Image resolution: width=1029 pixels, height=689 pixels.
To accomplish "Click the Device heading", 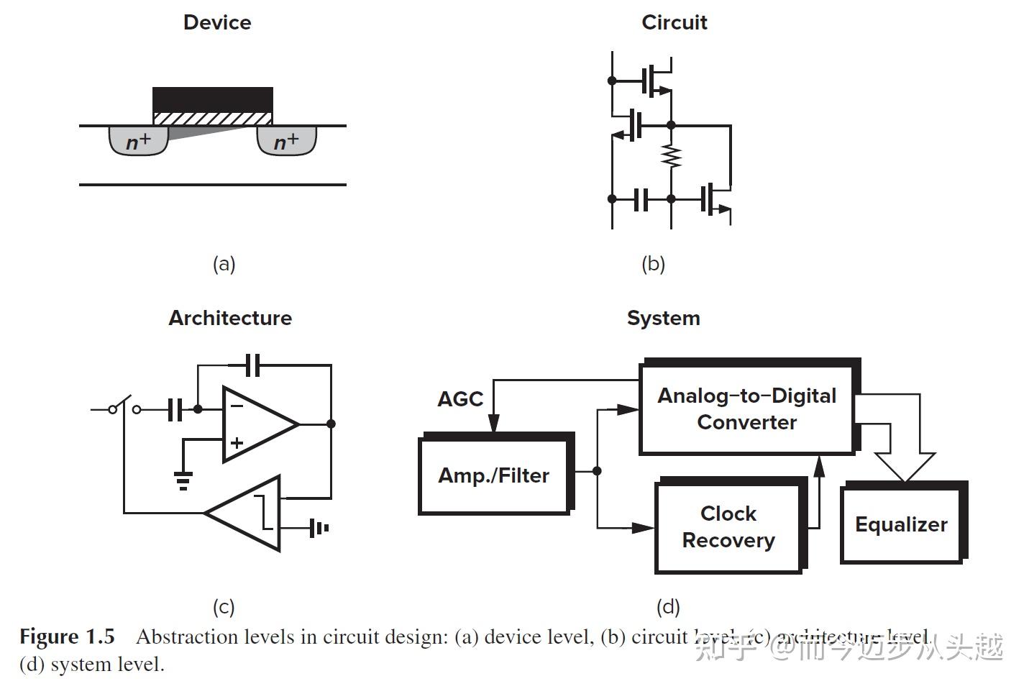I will point(217,22).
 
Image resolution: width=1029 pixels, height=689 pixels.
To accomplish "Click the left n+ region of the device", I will point(138,142).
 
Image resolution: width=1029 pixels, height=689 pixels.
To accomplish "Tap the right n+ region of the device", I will point(287,142).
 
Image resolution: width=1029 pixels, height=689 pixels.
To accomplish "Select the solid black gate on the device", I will point(213,99).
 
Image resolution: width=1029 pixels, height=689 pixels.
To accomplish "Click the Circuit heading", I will point(674,22).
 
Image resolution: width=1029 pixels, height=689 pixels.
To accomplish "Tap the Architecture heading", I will point(230,318).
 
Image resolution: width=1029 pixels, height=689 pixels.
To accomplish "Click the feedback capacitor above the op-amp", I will point(252,365).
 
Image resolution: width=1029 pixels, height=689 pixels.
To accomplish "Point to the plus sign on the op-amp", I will point(237,443).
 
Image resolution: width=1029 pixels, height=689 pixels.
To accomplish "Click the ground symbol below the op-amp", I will point(183,480).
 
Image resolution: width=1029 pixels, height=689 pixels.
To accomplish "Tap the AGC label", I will point(460,399).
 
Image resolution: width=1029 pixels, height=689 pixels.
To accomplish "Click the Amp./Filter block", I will point(494,475).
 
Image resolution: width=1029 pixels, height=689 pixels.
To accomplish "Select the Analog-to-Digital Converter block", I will point(746,409).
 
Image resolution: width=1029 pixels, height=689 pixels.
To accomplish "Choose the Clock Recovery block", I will point(728,527).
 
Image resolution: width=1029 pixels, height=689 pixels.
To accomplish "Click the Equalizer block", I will point(901,525).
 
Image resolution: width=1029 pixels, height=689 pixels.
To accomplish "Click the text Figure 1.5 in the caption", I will point(67,637).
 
